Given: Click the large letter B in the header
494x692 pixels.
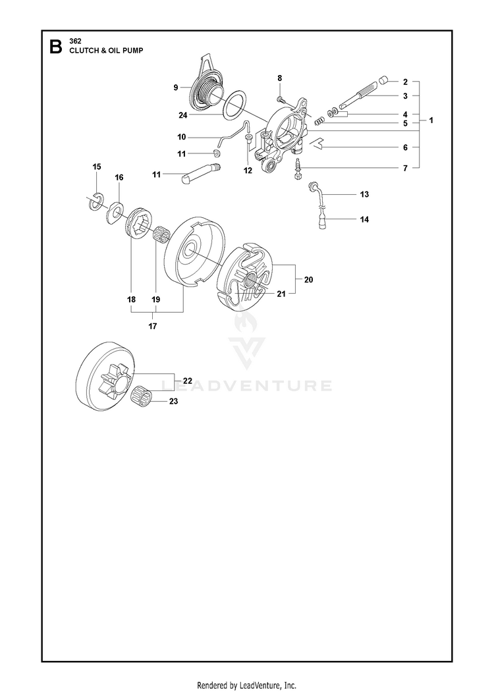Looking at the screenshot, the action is pos(55,46).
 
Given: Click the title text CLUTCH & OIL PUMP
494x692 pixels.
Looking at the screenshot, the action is pos(106,50).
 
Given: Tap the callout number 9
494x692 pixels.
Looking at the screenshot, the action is pos(176,88).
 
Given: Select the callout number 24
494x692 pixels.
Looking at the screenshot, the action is pos(182,116).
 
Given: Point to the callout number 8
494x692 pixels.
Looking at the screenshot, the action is pos(279,78).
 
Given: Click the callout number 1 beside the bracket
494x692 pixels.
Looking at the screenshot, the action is pos(431,120).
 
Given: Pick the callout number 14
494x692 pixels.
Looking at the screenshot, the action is pos(364,219).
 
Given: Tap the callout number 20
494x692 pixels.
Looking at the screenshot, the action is pos(308,279).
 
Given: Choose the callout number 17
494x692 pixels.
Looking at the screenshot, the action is pos(153,327).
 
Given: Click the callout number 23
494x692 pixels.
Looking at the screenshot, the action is pos(173,401).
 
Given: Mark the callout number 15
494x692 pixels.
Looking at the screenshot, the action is pos(97,167).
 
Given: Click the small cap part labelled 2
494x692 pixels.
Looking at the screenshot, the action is pos(383,81).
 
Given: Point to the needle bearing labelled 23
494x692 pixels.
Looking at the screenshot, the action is pos(143,393).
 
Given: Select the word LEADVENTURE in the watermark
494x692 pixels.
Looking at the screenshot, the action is pos(247,386).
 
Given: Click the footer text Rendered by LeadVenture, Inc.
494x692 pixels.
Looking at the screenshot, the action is pos(246,685).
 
